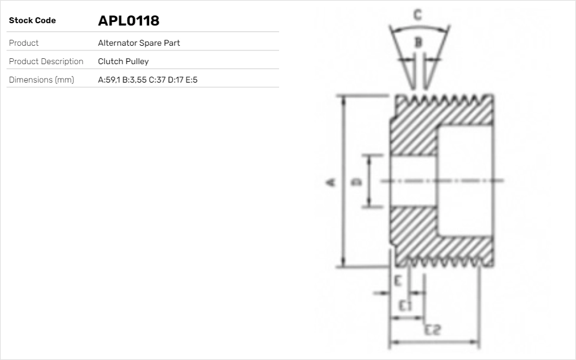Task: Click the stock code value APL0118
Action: [128, 21]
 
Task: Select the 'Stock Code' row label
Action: [32, 21]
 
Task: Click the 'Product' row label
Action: [24, 43]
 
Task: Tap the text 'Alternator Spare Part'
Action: [138, 43]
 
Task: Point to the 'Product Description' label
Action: [46, 61]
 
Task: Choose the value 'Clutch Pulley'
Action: [123, 61]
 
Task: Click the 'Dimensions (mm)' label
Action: [41, 80]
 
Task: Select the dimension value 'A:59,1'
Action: [109, 80]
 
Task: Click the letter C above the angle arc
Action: [418, 15]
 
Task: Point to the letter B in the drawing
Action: [418, 42]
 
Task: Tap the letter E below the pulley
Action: [398, 280]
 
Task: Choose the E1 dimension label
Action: [405, 306]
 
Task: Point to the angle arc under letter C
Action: [418, 27]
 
